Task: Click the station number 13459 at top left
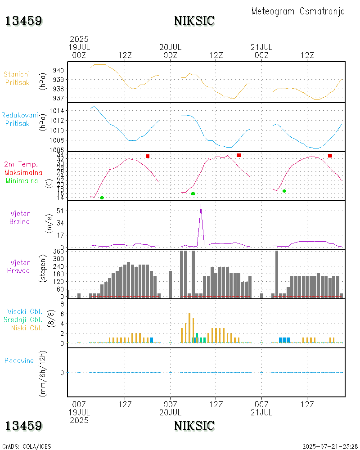click(x=24, y=21)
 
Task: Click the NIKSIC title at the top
click(x=194, y=21)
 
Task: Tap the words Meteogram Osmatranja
click(x=298, y=11)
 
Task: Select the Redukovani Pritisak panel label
click(x=19, y=119)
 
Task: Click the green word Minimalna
click(x=22, y=180)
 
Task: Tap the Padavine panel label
click(x=19, y=360)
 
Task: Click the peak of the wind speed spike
click(x=201, y=205)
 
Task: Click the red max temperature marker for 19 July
click(x=148, y=156)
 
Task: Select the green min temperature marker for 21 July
click(x=284, y=191)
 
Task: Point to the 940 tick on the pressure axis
click(x=58, y=70)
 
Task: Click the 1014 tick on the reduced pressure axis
click(x=57, y=111)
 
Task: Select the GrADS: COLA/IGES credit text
click(x=27, y=446)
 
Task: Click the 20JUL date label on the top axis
click(x=171, y=47)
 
